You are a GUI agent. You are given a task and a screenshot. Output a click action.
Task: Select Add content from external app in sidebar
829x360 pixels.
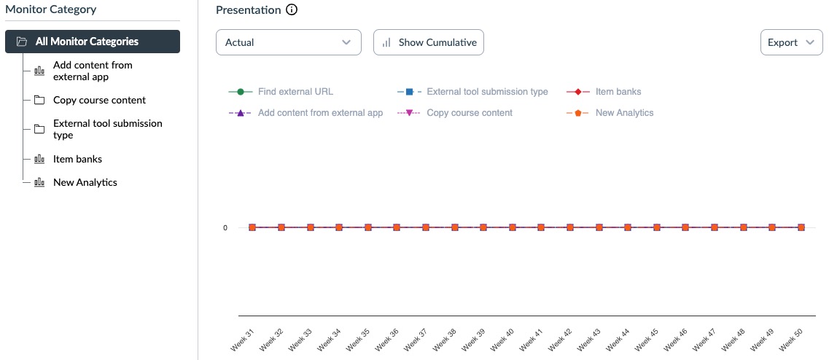[93, 71]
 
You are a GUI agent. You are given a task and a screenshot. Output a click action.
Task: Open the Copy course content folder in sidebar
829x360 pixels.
[99, 100]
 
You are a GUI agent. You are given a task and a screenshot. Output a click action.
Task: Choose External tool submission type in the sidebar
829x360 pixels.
[107, 129]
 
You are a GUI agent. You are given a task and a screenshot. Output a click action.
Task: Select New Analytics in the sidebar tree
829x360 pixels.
[85, 182]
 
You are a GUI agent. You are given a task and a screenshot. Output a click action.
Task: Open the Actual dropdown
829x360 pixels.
[288, 42]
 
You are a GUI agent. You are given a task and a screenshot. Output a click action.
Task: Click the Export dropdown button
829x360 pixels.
[790, 42]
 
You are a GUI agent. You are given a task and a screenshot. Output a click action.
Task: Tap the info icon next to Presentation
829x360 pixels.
[292, 10]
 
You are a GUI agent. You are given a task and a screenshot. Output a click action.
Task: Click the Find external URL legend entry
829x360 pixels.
[295, 92]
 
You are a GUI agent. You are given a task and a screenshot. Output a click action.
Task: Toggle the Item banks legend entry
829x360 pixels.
[618, 92]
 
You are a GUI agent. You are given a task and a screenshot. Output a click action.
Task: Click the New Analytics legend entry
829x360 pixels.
[623, 113]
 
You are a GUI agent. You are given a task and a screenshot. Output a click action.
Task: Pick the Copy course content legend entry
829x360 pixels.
[469, 113]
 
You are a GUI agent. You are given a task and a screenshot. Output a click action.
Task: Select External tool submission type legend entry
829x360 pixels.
[486, 92]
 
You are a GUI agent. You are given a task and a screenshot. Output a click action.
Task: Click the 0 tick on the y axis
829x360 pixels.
[225, 227]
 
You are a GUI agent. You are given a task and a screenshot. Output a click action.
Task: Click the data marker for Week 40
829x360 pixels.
[512, 227]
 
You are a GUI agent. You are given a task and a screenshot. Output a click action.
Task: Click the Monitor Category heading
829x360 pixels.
[51, 9]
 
